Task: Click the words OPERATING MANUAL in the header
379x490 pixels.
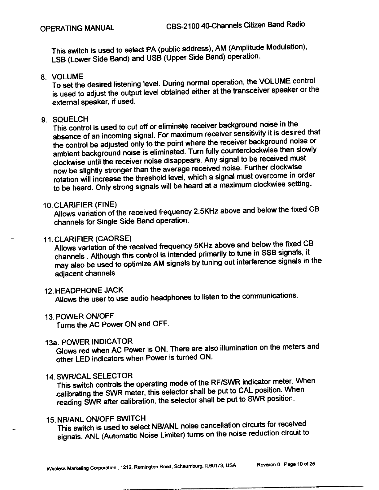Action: (x=78, y=28)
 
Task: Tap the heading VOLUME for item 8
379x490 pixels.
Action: (x=67, y=76)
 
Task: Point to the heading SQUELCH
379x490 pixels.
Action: (x=71, y=119)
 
